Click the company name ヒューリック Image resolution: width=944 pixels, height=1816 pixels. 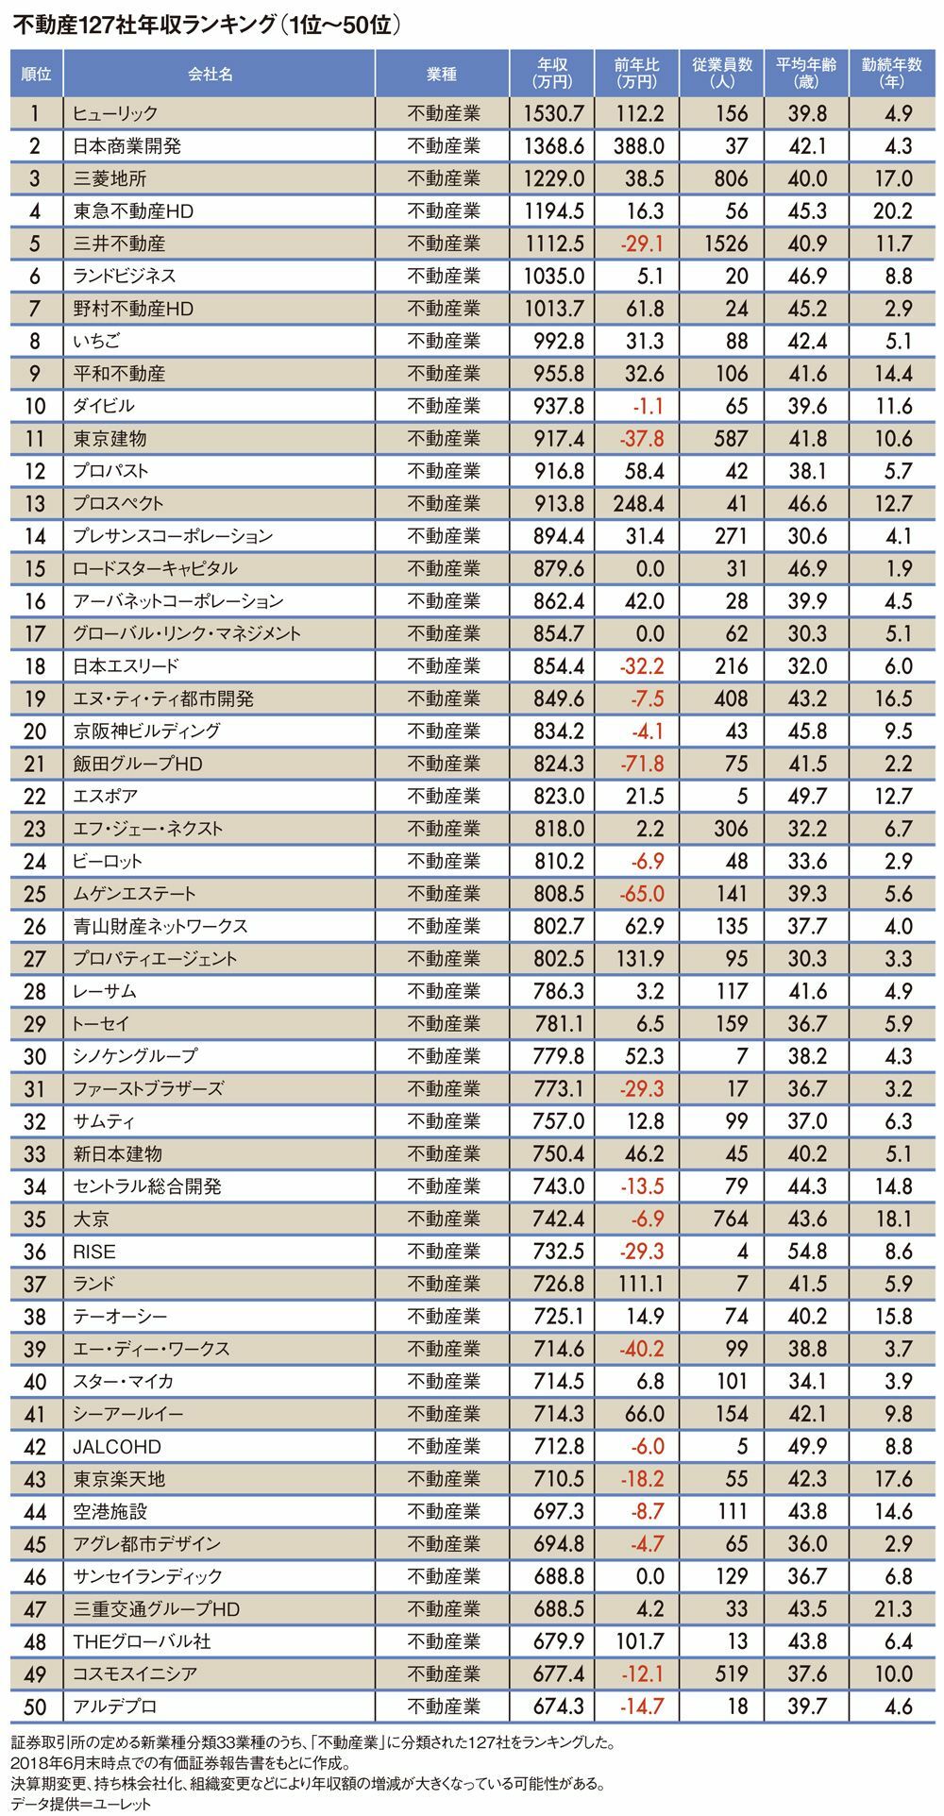[115, 113]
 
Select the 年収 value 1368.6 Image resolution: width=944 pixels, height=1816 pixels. [553, 146]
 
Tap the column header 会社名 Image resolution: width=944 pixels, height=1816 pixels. [210, 74]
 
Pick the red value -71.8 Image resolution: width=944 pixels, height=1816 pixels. [642, 764]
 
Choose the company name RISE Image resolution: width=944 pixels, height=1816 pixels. [94, 1252]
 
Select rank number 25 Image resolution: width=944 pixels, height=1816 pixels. [35, 894]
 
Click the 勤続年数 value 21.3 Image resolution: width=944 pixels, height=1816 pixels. [892, 1609]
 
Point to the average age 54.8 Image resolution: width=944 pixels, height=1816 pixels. [807, 1252]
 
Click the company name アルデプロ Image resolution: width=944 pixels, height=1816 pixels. [115, 1707]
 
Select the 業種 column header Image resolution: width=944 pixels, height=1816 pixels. [443, 74]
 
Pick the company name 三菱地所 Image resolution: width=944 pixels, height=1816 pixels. [110, 178]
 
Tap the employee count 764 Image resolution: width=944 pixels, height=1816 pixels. [730, 1219]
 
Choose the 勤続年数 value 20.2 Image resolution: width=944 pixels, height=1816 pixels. [892, 211]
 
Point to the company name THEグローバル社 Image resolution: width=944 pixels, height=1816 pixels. [142, 1642]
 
